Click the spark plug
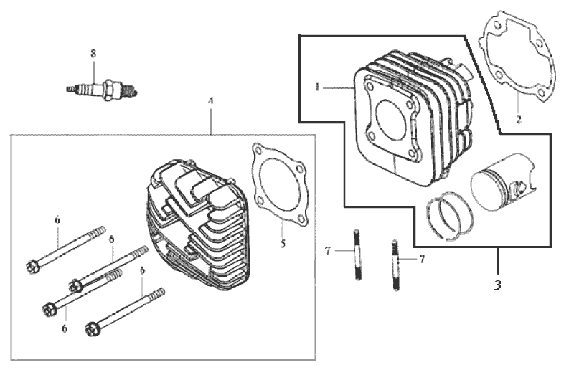(x=101, y=90)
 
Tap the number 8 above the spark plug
(x=93, y=54)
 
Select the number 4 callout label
(x=210, y=102)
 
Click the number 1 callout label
(x=316, y=87)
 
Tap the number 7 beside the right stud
(x=422, y=259)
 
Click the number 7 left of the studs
(x=327, y=250)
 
